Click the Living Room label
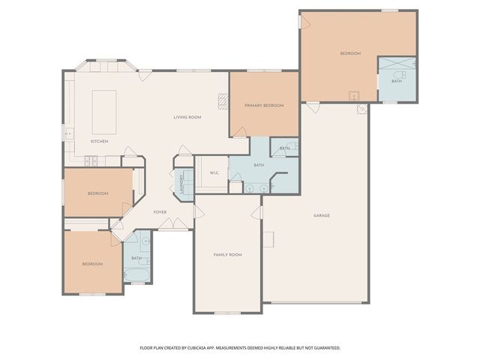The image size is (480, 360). (187, 117)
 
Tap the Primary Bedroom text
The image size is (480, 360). (264, 106)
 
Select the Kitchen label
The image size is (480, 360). (100, 141)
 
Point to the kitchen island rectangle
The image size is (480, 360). (104, 102)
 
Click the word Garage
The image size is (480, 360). (322, 215)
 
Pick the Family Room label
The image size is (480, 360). (227, 255)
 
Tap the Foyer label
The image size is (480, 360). (160, 212)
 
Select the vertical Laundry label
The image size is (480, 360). (181, 183)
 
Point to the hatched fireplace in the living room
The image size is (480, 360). (223, 100)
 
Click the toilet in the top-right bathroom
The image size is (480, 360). (398, 76)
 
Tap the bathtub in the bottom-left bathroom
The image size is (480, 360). (136, 274)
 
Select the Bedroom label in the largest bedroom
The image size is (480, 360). (350, 53)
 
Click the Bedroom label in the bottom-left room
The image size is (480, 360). (92, 264)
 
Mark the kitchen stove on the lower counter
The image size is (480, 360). (91, 160)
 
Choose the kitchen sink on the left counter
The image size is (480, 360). (68, 133)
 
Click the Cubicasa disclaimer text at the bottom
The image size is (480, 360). (240, 348)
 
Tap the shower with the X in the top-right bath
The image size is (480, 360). (397, 63)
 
